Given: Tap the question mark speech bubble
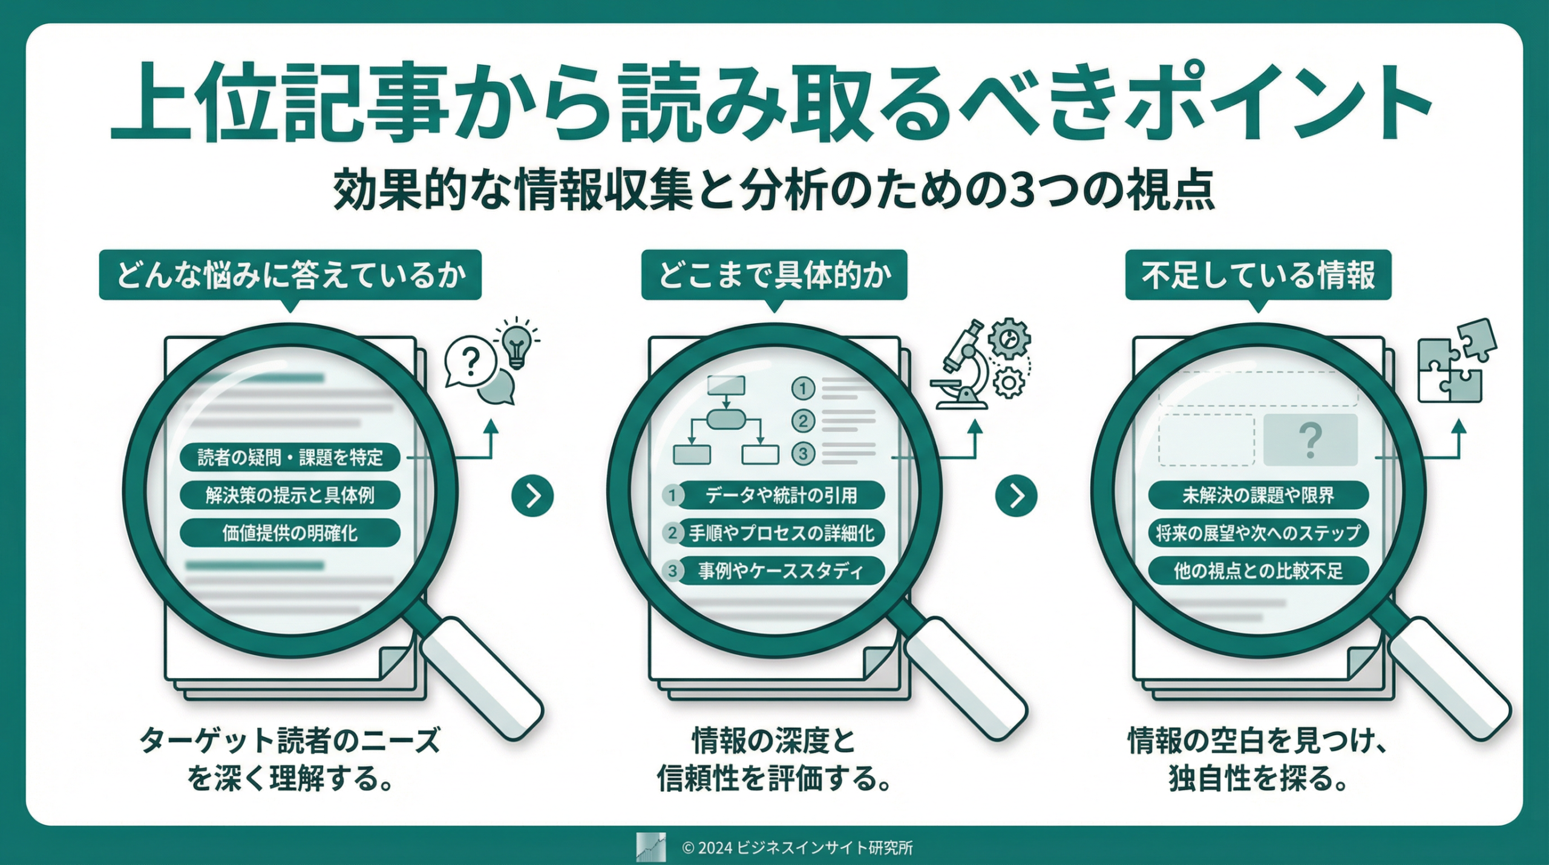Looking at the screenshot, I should pyautogui.click(x=470, y=362).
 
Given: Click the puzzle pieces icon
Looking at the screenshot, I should pyautogui.click(x=1455, y=362).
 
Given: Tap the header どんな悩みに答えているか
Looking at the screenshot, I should pyautogui.click(x=290, y=275).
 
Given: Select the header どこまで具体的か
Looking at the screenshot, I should pyautogui.click(x=774, y=275).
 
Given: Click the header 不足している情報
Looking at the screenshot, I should pyautogui.click(x=1258, y=275).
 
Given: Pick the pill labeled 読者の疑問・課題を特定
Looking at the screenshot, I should pyautogui.click(x=290, y=457).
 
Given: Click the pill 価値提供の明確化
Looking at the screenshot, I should pyautogui.click(x=290, y=533).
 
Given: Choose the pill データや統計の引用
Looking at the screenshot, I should pyautogui.click(x=781, y=496).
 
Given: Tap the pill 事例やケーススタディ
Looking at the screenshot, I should pyautogui.click(x=781, y=571).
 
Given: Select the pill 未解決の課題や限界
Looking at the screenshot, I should pyautogui.click(x=1258, y=496).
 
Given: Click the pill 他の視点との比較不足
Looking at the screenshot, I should pyautogui.click(x=1258, y=571).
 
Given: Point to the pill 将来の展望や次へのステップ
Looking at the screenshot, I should pyautogui.click(x=1258, y=533).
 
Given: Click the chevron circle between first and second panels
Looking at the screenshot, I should pyautogui.click(x=532, y=496).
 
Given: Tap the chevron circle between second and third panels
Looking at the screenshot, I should pyautogui.click(x=1016, y=496).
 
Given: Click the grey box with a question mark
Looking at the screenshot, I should pyautogui.click(x=1310, y=440).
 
